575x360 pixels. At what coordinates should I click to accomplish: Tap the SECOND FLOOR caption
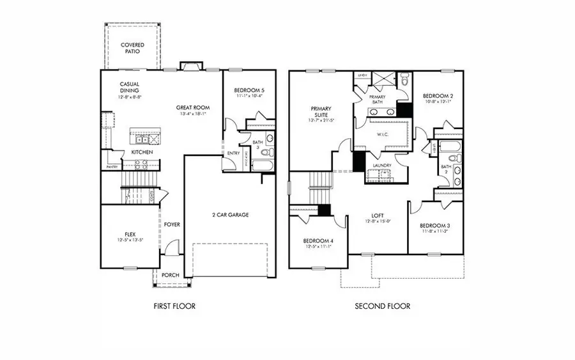(383, 306)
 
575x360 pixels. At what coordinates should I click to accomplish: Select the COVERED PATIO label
(133, 49)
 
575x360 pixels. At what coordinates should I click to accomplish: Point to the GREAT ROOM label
(193, 107)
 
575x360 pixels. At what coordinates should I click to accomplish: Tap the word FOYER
(172, 224)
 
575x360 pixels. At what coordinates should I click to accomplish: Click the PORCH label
(170, 276)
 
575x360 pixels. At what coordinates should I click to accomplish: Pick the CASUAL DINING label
(130, 88)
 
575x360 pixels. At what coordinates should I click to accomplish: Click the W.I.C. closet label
(383, 134)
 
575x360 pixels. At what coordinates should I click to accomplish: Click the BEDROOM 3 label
(434, 226)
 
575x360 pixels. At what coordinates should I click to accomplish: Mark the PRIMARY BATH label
(378, 99)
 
